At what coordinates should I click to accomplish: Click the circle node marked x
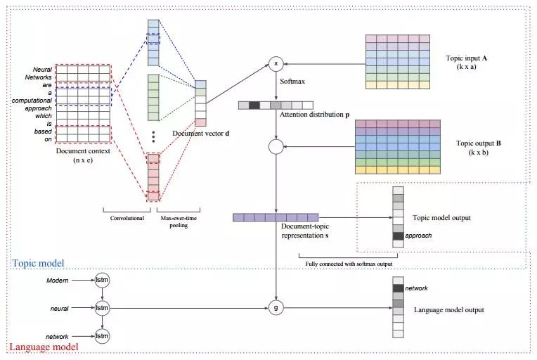pos(276,64)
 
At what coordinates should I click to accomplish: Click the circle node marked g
pos(276,307)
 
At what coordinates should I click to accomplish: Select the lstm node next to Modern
pos(103,281)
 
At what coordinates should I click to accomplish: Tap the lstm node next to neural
pos(103,308)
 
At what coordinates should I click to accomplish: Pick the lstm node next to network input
pos(103,337)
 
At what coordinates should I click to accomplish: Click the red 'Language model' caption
pos(43,347)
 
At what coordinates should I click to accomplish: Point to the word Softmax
pos(292,82)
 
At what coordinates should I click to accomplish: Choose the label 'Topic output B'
pos(479,143)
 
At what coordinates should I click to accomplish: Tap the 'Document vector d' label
pos(200,133)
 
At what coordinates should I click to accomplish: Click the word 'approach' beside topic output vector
pos(419,236)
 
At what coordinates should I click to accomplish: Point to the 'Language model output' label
pos(448,309)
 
